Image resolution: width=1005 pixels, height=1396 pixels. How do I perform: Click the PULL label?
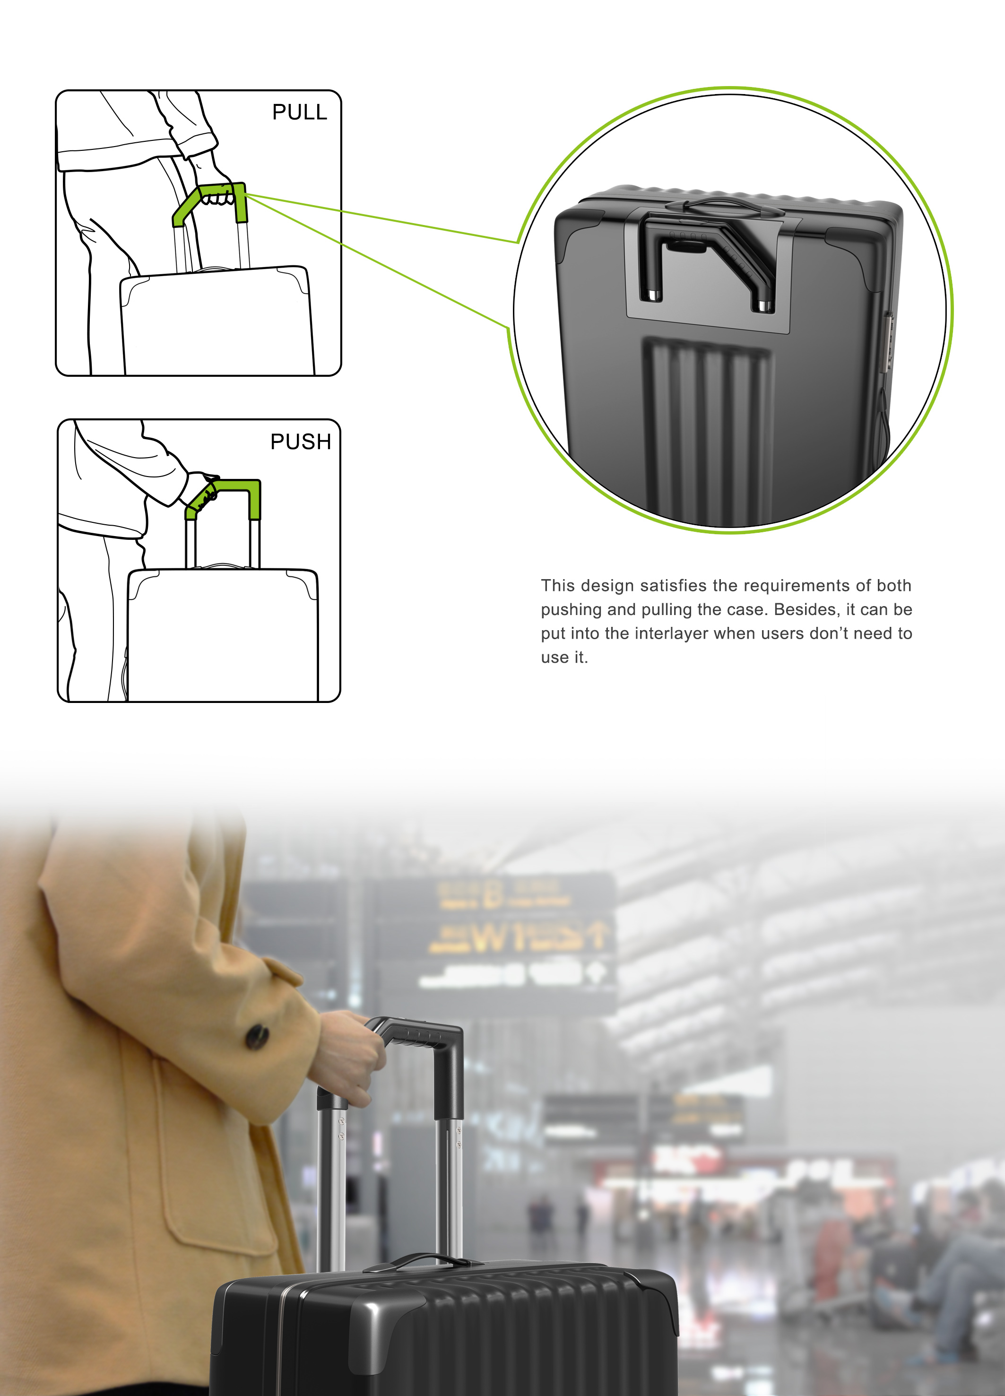tap(300, 112)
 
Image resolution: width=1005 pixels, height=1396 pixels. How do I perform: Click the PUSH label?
tap(300, 442)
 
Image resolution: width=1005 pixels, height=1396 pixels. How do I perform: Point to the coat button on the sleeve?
tap(257, 1037)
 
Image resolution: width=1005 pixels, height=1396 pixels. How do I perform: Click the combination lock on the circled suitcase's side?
tap(889, 342)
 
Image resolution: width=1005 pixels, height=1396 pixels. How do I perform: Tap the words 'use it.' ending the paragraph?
tap(564, 658)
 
